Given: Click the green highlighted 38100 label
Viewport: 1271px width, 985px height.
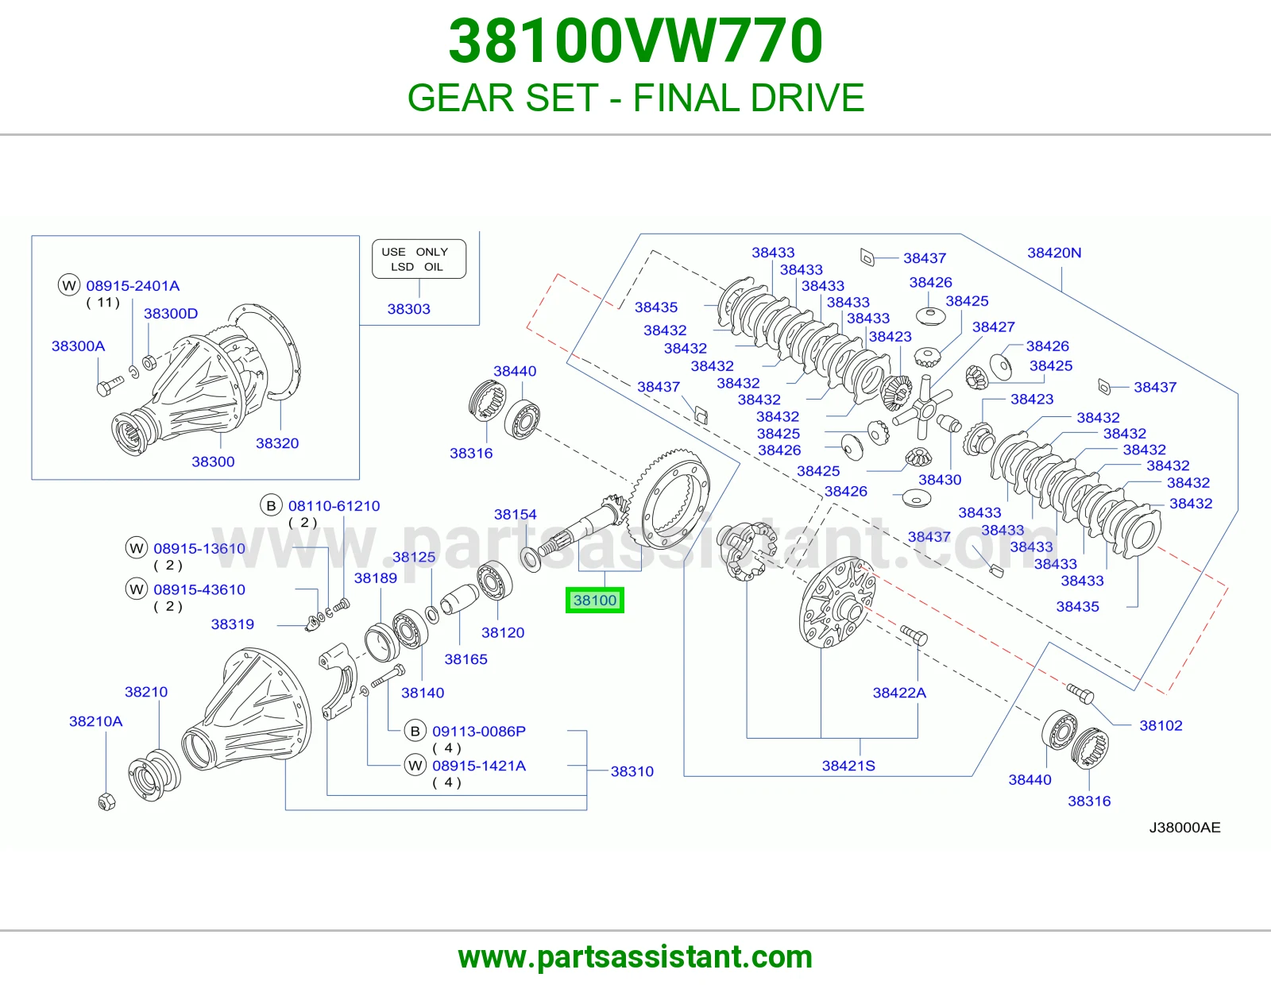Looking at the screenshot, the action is (x=594, y=600).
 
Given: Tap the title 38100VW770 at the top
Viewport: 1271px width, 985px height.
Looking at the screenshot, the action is (x=635, y=41).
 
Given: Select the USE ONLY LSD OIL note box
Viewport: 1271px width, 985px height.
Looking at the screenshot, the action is (x=419, y=259).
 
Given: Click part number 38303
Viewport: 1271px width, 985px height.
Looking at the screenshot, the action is (x=408, y=309).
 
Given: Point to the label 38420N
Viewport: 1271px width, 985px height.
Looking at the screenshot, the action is (x=1054, y=253).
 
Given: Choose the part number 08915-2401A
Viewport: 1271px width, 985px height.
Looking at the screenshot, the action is (x=133, y=286).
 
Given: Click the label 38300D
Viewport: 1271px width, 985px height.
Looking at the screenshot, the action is (x=171, y=314).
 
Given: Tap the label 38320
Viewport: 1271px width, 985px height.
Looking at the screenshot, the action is (x=277, y=443).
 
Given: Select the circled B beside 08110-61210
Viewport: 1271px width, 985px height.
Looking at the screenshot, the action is (x=271, y=506).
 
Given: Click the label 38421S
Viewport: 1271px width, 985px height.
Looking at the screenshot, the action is (x=848, y=766).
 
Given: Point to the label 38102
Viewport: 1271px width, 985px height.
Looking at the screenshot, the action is (x=1161, y=725).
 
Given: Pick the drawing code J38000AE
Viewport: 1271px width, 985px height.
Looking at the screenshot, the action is (x=1184, y=828).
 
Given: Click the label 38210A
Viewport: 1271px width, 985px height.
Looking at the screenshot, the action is (x=96, y=721).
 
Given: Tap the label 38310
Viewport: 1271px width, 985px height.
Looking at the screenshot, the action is (x=632, y=771).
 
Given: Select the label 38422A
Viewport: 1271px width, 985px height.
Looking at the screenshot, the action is (x=899, y=693).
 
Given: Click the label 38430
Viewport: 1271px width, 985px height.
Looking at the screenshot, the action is (x=940, y=480).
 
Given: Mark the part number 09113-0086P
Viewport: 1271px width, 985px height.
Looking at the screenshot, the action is (x=479, y=731).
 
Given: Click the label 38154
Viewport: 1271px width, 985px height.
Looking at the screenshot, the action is (x=516, y=514).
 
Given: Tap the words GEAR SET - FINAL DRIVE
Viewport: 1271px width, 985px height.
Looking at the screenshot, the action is (x=635, y=98).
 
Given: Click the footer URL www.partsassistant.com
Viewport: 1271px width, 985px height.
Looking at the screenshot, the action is (x=635, y=957).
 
